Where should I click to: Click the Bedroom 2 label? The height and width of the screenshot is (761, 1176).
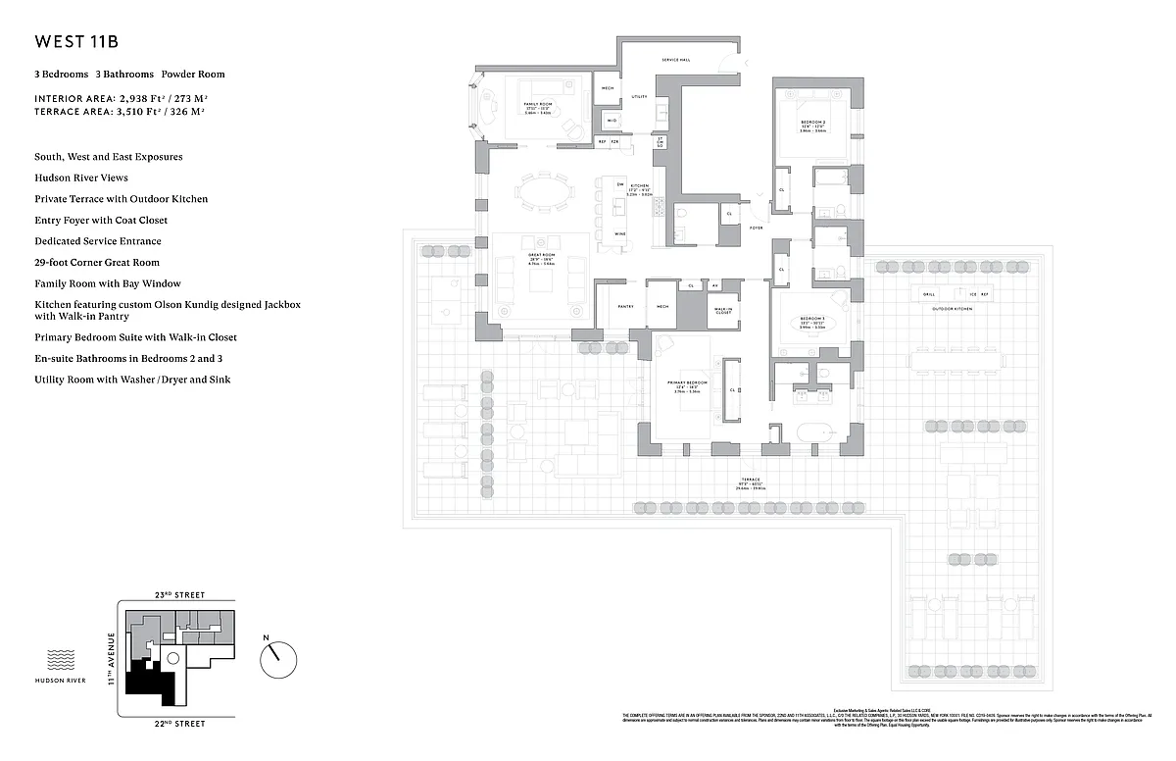812,122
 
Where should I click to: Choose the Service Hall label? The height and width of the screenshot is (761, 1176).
676,60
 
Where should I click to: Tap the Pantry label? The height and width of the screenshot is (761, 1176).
625,306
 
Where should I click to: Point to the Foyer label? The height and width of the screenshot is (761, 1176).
756,228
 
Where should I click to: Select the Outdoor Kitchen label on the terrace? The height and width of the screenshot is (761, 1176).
953,309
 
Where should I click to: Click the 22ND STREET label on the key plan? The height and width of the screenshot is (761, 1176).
178,724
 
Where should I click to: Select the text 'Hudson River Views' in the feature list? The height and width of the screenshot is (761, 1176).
80,178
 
